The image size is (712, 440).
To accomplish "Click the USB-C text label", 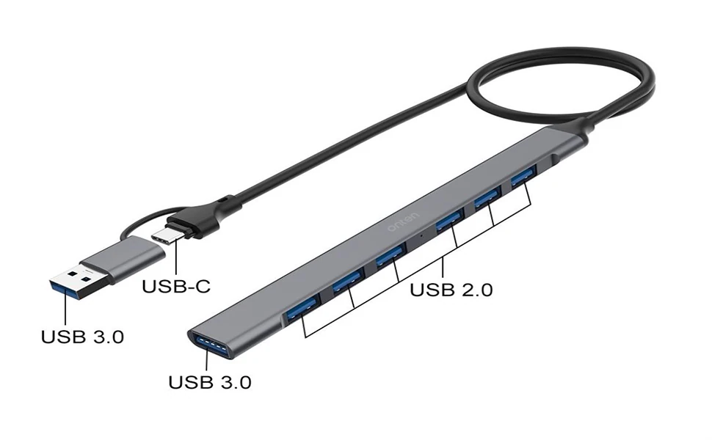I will point(176,286).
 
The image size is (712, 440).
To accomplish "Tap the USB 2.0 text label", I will point(451,289).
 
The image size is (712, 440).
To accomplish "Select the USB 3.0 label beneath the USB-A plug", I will point(82,337).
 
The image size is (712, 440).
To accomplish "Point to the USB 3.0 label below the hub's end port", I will point(210,382).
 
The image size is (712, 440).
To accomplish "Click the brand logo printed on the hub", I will point(402,221).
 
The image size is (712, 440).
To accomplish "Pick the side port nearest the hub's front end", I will point(301,309).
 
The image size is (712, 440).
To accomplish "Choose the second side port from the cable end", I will point(486,197).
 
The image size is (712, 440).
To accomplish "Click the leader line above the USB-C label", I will point(175,258).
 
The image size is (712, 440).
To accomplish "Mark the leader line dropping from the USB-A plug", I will point(65,312).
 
